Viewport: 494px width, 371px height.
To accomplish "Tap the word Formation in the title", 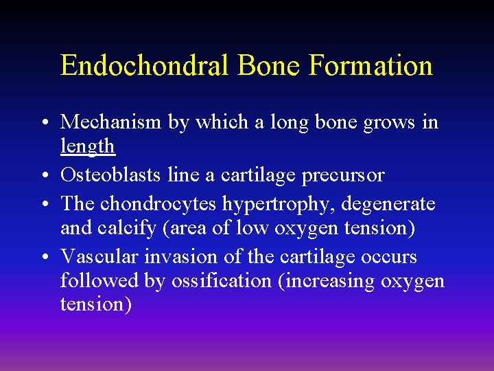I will [x=370, y=66].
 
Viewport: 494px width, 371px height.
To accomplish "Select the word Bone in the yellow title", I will [x=270, y=66].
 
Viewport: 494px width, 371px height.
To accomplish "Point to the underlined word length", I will [x=87, y=146].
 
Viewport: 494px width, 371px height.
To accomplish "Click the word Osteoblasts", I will [x=111, y=175].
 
